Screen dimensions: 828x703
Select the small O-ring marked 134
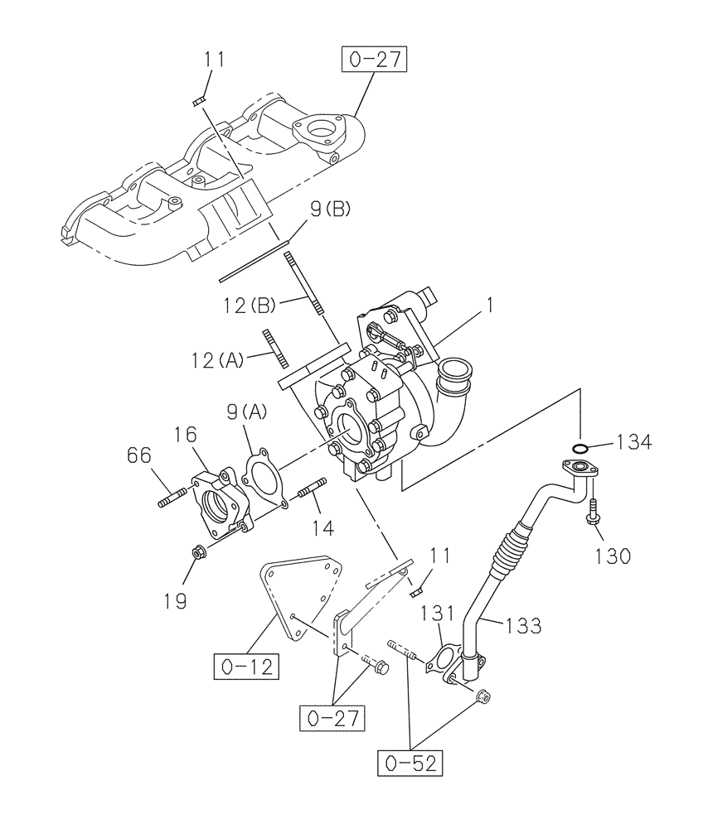582,450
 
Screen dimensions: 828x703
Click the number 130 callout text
612,554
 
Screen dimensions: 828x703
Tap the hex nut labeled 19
199,551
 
